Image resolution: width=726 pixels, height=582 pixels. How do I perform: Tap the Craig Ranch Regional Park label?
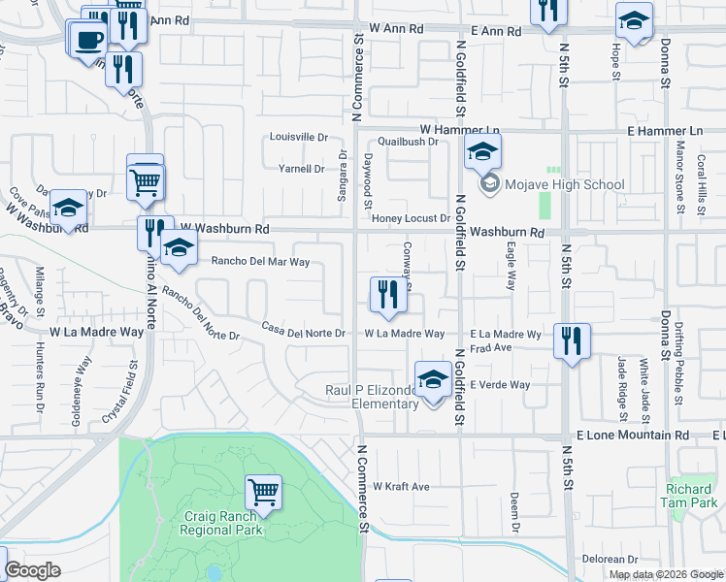pos(223,525)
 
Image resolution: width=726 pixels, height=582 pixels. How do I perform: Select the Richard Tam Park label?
pos(692,496)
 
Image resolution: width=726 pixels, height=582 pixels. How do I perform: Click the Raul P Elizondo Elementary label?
pos(371,397)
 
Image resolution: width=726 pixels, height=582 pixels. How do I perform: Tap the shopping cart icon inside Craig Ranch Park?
pos(263,493)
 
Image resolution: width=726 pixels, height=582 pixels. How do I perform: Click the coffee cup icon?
pos(89,40)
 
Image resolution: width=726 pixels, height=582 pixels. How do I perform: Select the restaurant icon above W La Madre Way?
pos(388,295)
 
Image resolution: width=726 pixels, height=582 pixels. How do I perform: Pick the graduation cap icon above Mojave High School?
pos(482,152)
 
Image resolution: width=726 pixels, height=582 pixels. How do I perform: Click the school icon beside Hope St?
pos(634,20)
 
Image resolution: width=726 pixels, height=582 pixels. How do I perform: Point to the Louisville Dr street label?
pos(298,138)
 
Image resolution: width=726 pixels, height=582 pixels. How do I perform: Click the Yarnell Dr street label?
pos(301,169)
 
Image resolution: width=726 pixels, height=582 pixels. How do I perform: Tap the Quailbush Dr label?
pos(409,142)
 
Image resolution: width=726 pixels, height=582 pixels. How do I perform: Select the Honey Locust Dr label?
pos(412,219)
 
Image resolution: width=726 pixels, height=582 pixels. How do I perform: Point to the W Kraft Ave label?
pos(401,486)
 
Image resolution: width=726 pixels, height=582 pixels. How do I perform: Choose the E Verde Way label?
pos(500,385)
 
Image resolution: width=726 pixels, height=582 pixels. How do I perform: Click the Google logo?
pos(32,570)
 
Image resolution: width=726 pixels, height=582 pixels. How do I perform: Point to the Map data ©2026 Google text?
pos(665,574)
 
